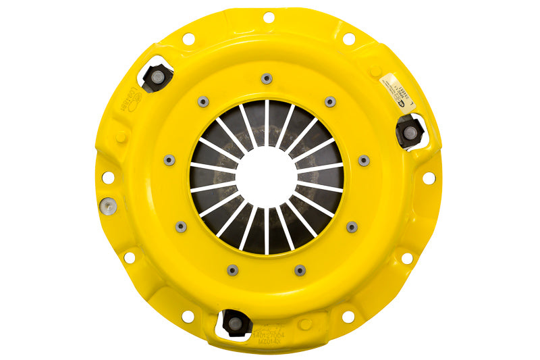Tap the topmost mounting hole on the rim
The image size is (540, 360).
[x=268, y=17]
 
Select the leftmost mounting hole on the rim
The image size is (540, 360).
[x=107, y=178]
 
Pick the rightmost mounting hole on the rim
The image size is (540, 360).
[x=428, y=178]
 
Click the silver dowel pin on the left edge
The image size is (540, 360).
[x=106, y=206]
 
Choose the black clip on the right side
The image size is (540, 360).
[x=410, y=131]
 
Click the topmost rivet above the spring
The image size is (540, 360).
[x=267, y=78]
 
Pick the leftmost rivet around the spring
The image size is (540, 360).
[x=169, y=160]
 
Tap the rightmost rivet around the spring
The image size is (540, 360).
[x=364, y=161]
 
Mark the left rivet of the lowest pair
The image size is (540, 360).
[x=232, y=270]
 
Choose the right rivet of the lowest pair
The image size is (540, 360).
[x=300, y=270]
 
